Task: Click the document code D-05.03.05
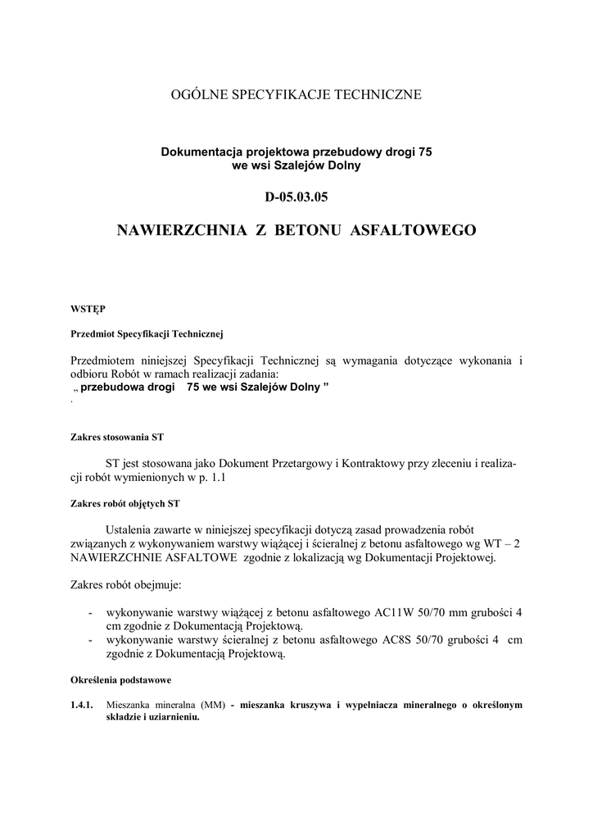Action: pos(296,197)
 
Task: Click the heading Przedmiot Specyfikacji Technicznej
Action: pos(147,334)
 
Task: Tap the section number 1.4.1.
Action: pos(83,705)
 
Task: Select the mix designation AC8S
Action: pos(394,640)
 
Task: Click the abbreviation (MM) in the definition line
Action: pos(211,705)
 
